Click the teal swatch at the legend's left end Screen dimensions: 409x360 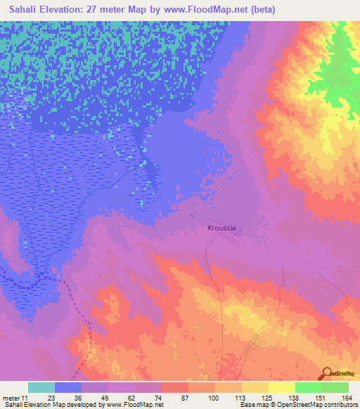(x=41, y=387)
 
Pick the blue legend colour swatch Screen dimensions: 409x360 (x=68, y=387)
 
